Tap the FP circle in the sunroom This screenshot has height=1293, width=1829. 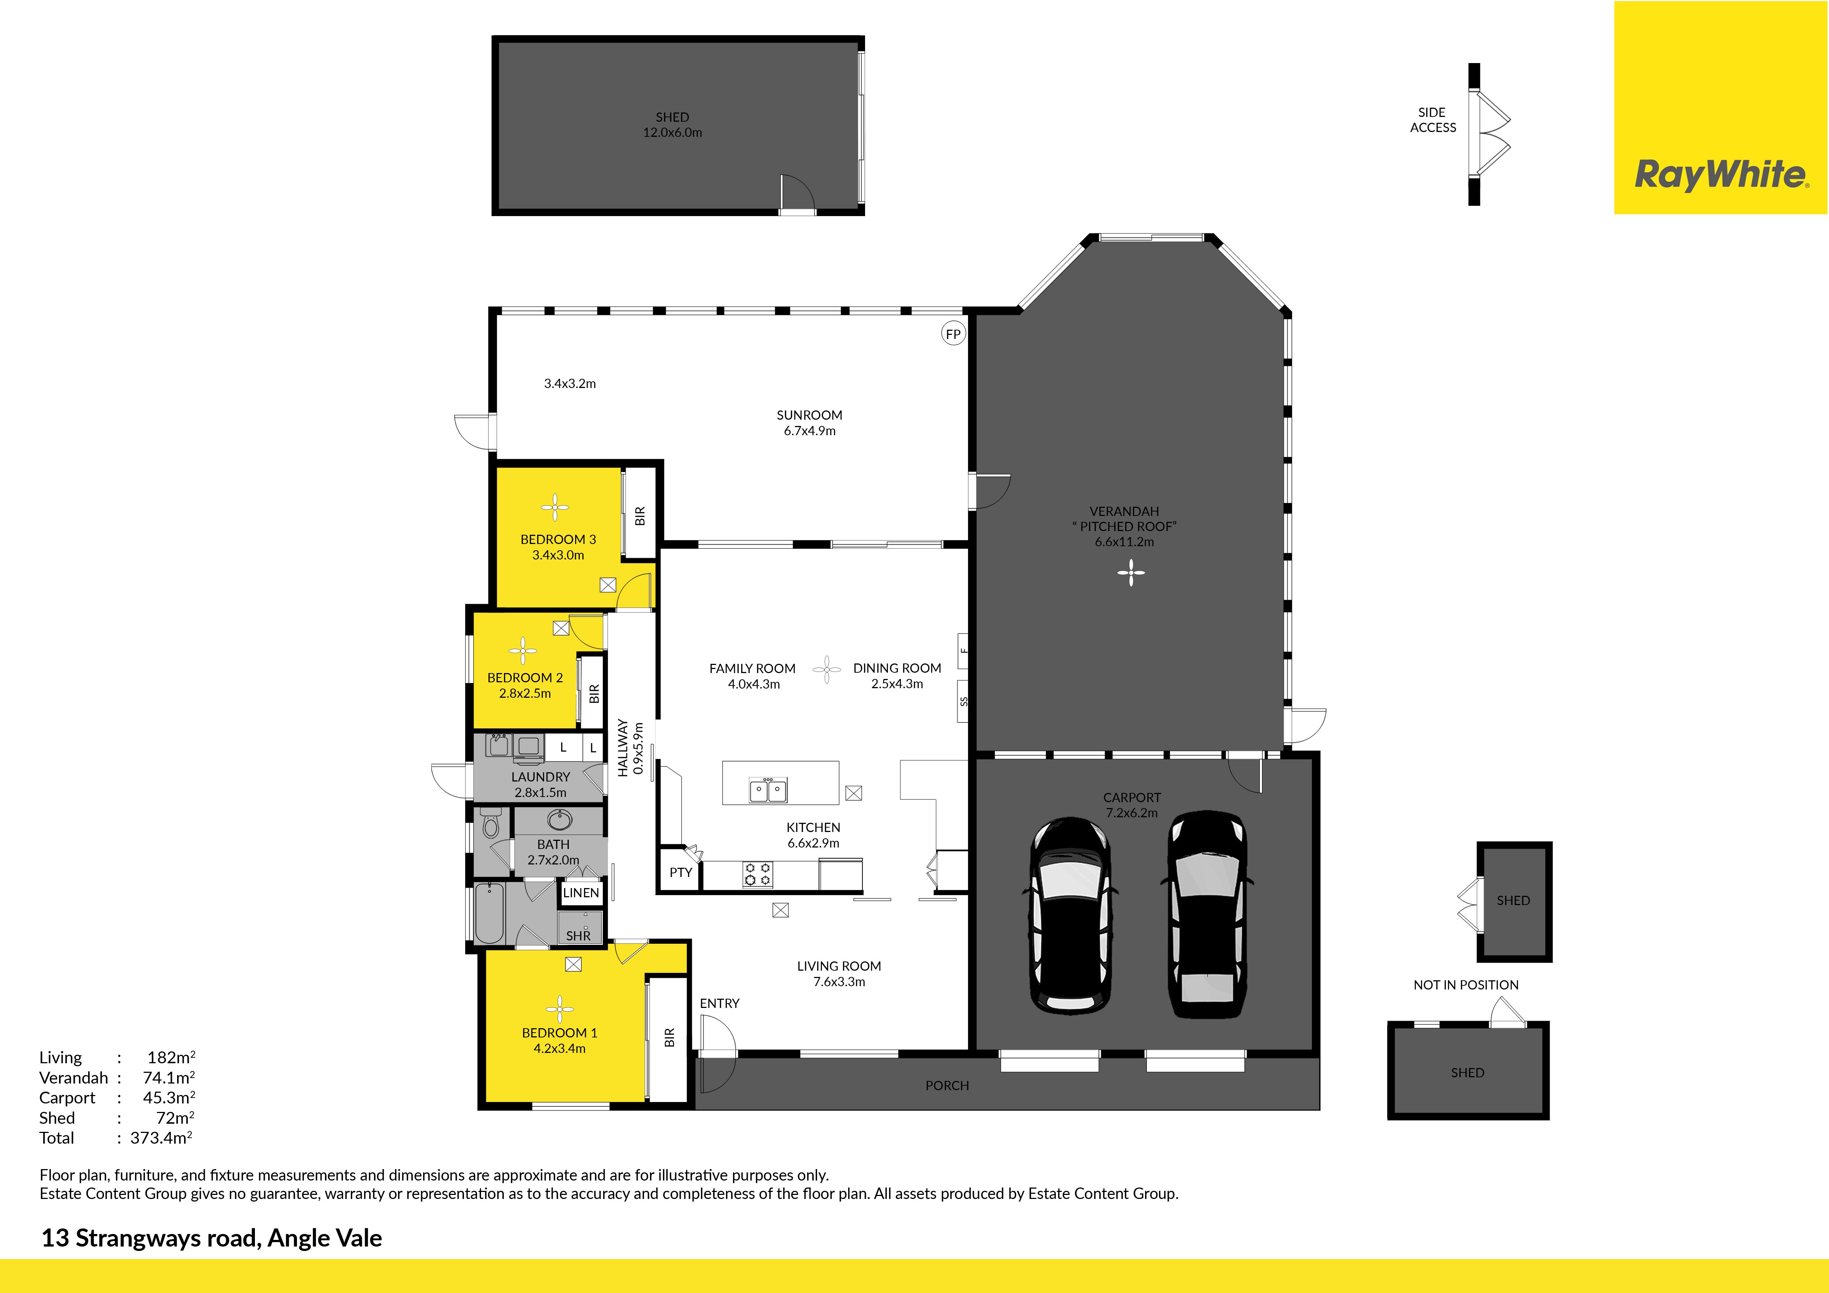point(953,334)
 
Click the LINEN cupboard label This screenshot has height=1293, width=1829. point(581,892)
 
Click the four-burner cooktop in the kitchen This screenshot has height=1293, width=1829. point(758,873)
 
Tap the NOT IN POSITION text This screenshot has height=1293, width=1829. point(1466,985)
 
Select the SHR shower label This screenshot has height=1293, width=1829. point(578,936)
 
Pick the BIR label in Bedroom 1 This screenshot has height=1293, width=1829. point(669,1037)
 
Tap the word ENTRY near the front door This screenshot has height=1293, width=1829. point(719,1003)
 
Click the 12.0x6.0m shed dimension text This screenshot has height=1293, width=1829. point(673,132)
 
